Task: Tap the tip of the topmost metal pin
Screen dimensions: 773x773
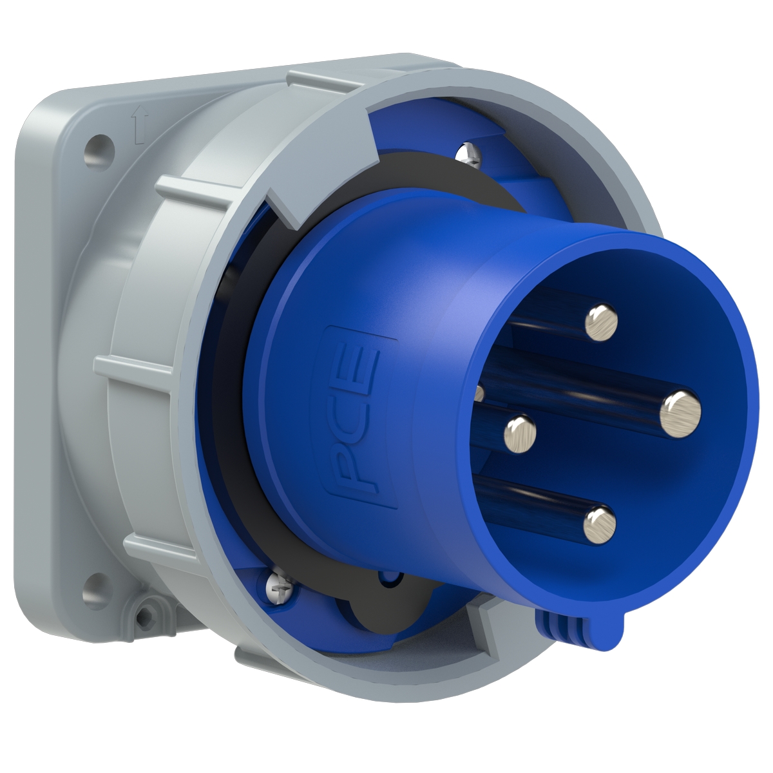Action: point(601,321)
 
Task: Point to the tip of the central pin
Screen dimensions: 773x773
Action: point(520,434)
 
